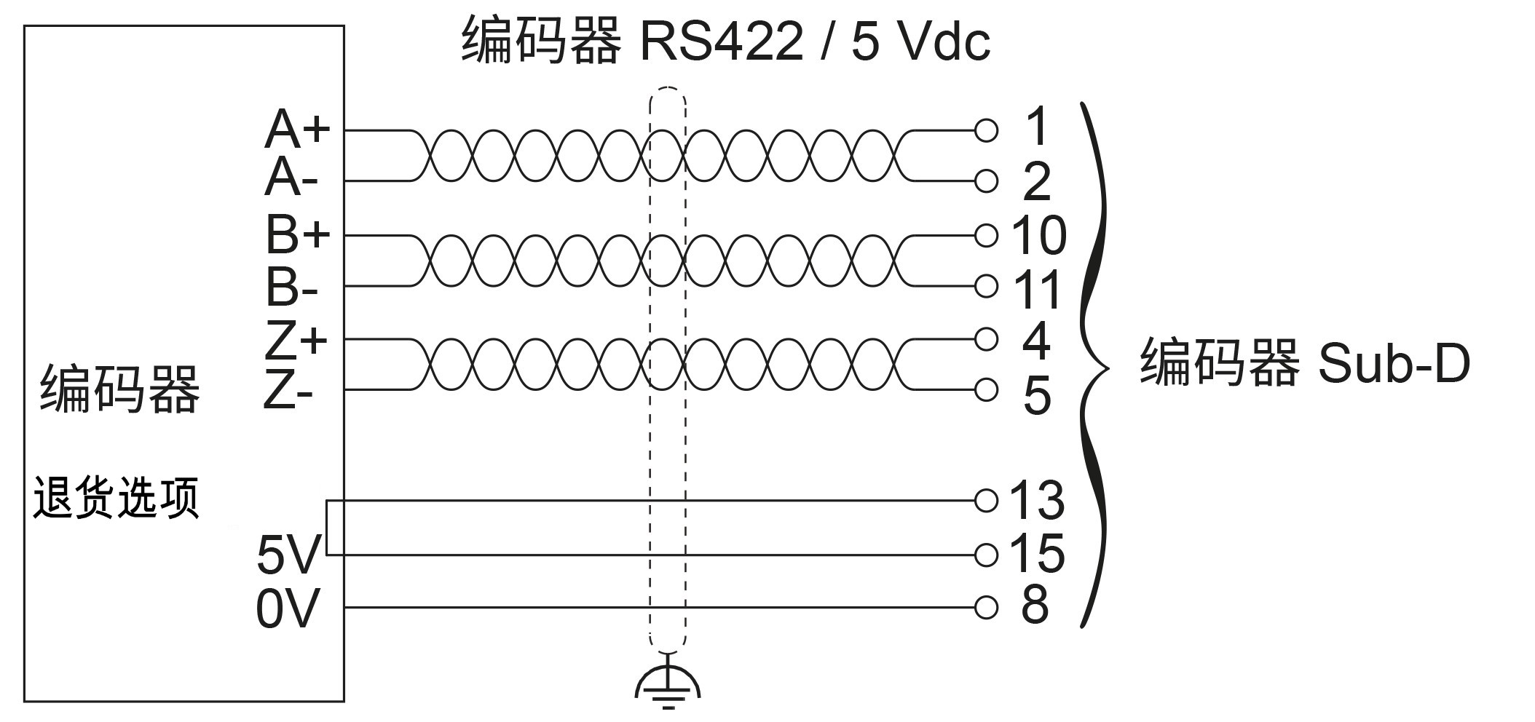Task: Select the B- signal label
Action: click(x=291, y=287)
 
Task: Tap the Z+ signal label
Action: click(x=296, y=340)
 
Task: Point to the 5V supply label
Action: click(x=288, y=555)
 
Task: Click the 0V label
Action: click(x=288, y=608)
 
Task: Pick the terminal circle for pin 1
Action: click(x=986, y=130)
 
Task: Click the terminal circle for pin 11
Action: click(x=986, y=287)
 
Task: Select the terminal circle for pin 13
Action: click(x=986, y=500)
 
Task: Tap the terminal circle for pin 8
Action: click(x=986, y=606)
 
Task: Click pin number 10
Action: click(x=1038, y=235)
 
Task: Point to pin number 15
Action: click(x=1037, y=553)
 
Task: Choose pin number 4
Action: click(x=1036, y=340)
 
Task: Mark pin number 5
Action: click(x=1037, y=395)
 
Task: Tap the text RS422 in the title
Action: click(x=721, y=42)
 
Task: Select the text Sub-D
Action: click(x=1394, y=363)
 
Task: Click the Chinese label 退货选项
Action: click(x=117, y=498)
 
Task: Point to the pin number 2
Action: click(x=1037, y=182)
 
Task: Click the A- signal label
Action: click(x=291, y=179)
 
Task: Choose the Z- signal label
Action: click(x=288, y=393)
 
